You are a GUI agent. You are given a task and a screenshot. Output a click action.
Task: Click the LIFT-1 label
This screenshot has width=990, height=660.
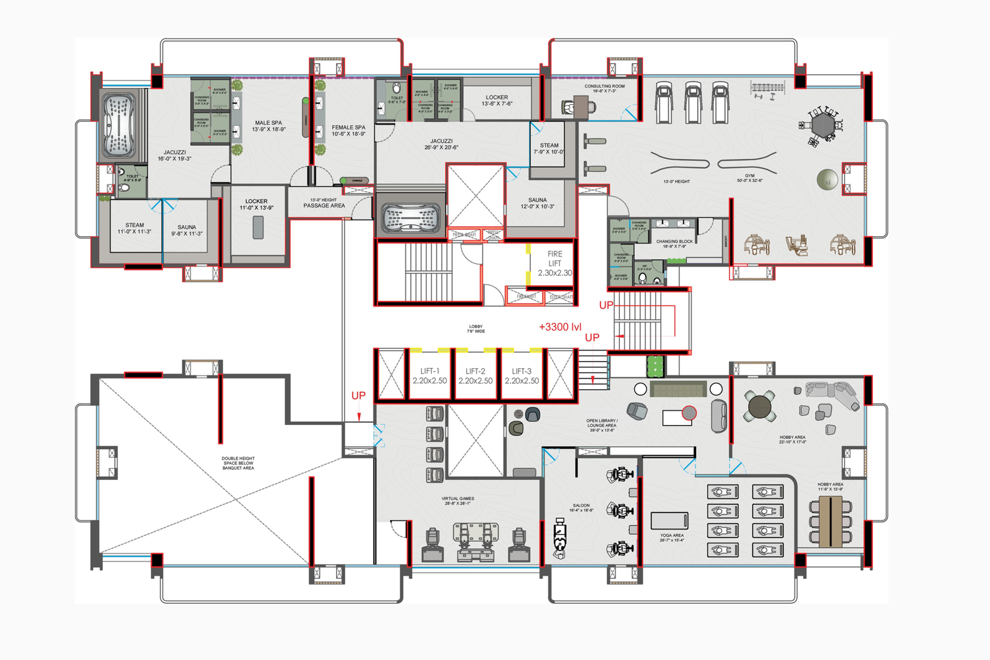tap(429, 375)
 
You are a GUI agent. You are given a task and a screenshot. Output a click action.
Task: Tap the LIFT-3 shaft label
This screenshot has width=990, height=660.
tap(521, 375)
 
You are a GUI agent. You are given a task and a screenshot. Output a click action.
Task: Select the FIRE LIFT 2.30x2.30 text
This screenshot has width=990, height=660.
tap(554, 263)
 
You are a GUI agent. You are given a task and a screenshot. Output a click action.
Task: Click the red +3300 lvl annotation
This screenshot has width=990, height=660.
tap(560, 327)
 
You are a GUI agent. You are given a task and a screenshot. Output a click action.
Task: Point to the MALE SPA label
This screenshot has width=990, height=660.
tap(268, 126)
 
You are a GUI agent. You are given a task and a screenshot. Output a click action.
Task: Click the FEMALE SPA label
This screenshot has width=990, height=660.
tap(348, 130)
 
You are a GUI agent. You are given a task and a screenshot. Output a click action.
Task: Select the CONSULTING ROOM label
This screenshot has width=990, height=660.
tap(605, 88)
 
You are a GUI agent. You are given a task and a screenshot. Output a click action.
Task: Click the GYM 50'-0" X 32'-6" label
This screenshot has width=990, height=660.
tap(749, 178)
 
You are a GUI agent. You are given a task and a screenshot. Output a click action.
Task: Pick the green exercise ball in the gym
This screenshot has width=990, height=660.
tap(827, 179)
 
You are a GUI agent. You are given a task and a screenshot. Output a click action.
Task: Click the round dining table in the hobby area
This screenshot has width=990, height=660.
tap(760, 406)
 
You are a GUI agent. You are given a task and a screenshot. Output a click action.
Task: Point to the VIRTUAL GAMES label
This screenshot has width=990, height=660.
tap(458, 500)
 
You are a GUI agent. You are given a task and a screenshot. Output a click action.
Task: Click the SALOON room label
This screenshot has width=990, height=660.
tap(581, 507)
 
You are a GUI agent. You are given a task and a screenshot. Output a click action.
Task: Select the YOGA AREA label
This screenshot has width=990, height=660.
tap(671, 537)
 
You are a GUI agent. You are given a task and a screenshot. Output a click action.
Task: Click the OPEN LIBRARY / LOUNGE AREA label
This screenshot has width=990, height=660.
tap(601, 425)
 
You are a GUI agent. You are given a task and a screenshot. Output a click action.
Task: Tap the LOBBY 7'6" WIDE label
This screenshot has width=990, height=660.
tap(475, 328)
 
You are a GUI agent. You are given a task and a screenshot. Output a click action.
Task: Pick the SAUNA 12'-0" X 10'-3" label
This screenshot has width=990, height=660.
tap(537, 203)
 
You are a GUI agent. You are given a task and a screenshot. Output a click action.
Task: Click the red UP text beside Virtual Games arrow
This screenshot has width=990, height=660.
tap(358, 395)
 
